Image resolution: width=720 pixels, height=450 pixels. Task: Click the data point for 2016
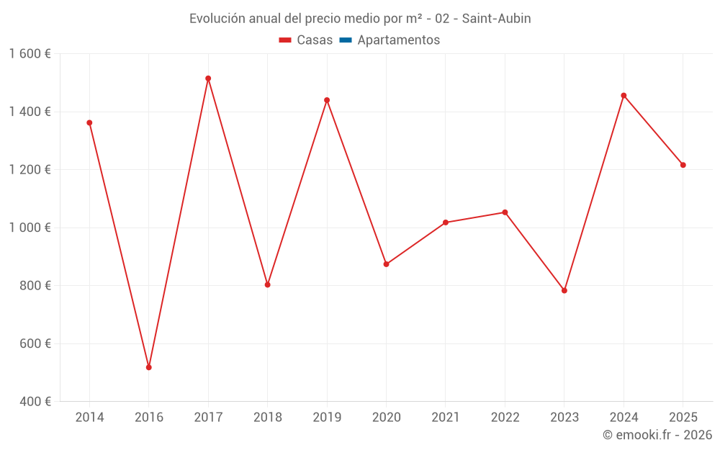coord(149,367)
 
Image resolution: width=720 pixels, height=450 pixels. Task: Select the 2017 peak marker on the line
coord(208,78)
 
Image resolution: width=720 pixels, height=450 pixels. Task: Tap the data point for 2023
coord(564,290)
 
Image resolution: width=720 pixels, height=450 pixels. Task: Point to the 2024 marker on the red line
coord(624,96)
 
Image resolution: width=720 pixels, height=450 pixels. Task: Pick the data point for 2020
coord(386,264)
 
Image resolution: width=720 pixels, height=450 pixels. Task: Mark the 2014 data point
coord(89,122)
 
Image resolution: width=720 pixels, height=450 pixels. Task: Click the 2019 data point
coord(327,100)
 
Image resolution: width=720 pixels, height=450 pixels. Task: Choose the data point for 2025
coord(683,165)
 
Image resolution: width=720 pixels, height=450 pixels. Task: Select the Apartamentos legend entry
coord(398,40)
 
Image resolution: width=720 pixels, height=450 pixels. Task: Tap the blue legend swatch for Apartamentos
coord(346,40)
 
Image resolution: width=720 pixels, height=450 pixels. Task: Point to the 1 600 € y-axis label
coord(30,54)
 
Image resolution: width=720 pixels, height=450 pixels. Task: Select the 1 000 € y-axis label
coord(30,228)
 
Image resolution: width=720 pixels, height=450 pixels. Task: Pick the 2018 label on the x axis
coord(267,418)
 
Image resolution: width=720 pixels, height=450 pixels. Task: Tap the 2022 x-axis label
coord(505,418)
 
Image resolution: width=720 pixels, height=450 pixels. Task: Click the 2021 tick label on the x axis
coord(446,418)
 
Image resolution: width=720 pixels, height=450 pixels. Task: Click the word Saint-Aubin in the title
coord(496,19)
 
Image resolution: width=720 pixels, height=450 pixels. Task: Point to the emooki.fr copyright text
coord(657,435)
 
